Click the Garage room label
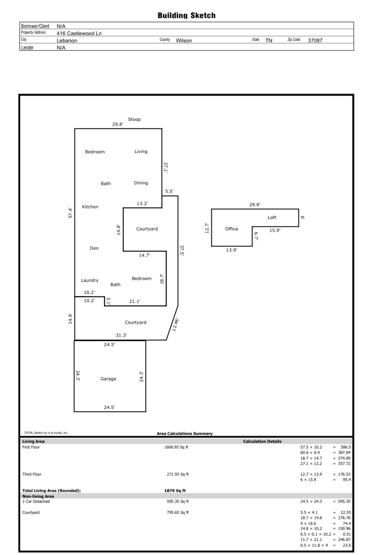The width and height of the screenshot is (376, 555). point(108,379)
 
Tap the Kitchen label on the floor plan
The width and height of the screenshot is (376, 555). point(90,207)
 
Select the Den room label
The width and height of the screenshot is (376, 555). point(94,248)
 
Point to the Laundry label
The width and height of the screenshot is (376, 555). point(90,280)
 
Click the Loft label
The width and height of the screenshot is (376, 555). point(272,217)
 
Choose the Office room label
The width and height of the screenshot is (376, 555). point(232,229)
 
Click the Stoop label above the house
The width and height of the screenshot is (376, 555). point(134,120)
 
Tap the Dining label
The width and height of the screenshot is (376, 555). point(141,183)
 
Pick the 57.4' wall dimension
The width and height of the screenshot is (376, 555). point(70,213)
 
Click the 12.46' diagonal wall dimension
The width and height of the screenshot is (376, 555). point(175,325)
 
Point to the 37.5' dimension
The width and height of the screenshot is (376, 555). point(182,250)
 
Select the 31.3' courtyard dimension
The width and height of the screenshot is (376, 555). point(121,335)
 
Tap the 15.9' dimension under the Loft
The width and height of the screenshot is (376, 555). point(275,230)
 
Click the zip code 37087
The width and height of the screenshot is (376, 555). point(315,40)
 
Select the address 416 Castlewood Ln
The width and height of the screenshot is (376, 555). point(79,33)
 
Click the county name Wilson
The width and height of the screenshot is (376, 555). point(184,40)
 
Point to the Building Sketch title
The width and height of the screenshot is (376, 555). point(187,15)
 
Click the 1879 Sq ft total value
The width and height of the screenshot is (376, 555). point(175,491)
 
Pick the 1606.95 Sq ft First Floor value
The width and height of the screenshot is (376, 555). point(176,447)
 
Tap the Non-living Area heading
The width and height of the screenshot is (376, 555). point(38,496)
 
